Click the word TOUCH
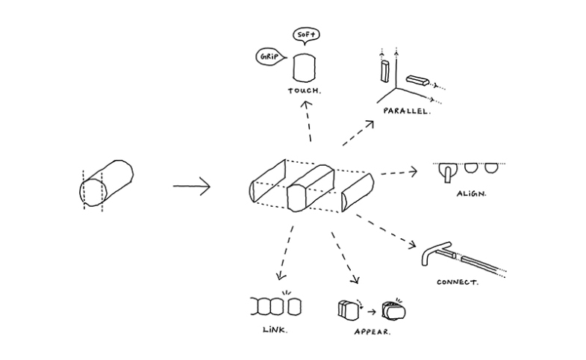point(304,91)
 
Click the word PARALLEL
point(406,111)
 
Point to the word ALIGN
point(471,193)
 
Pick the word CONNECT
point(458,283)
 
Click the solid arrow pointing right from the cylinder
point(191,185)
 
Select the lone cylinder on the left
point(107,182)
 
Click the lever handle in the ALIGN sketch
point(446,172)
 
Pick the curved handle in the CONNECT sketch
point(434,252)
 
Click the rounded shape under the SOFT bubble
point(303,68)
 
